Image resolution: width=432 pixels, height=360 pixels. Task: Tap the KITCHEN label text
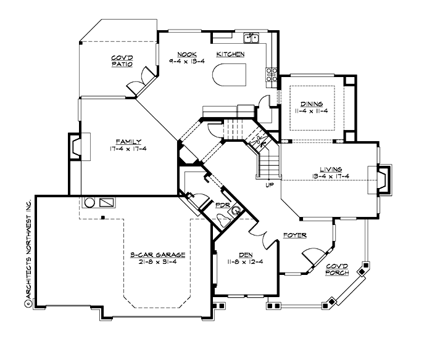230,54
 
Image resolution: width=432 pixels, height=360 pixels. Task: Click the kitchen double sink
252,39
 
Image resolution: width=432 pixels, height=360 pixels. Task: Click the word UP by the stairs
268,185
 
